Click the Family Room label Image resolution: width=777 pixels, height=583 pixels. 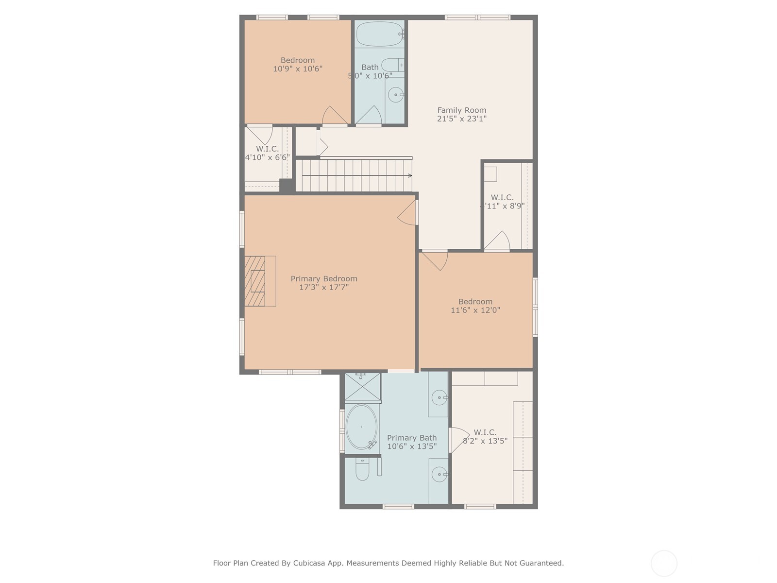461,110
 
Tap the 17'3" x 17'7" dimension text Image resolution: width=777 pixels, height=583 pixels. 324,287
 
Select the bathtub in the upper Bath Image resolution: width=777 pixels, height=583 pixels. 380,34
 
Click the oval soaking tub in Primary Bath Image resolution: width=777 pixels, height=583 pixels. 361,427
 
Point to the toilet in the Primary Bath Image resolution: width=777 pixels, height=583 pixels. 362,469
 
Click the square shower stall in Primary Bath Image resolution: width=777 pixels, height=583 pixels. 362,387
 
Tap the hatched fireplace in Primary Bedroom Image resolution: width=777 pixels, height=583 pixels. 255,281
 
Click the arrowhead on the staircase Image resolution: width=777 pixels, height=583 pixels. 410,175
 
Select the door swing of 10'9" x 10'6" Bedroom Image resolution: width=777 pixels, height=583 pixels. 334,116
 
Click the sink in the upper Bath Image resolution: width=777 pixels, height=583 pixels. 396,95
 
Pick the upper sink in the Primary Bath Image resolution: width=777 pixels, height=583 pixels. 439,397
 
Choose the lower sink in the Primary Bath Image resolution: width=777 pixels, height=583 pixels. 439,474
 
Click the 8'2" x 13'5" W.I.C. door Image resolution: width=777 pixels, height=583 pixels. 458,439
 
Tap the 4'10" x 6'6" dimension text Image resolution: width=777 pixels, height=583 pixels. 267,157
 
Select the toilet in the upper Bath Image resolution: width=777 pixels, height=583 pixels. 391,64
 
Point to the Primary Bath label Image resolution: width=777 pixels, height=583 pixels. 412,438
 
